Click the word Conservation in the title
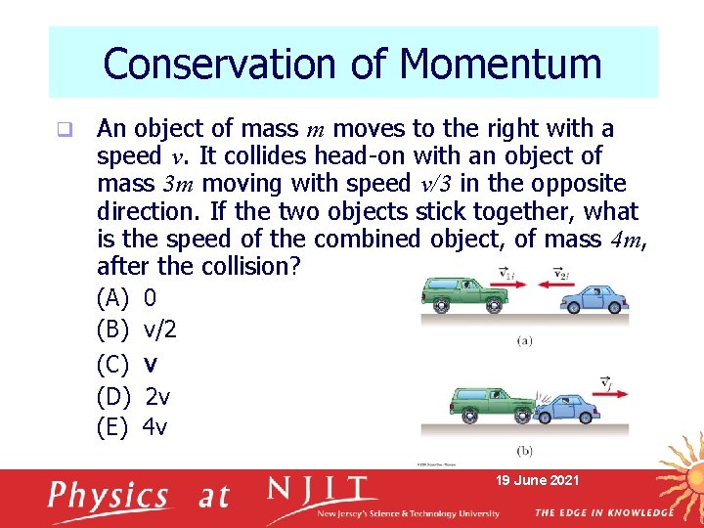click(x=215, y=65)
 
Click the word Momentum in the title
click(x=500, y=65)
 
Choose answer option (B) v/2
click(x=136, y=330)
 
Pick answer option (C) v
click(x=126, y=364)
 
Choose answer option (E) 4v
click(x=132, y=426)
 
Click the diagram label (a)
click(x=525, y=340)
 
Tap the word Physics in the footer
click(x=109, y=496)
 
